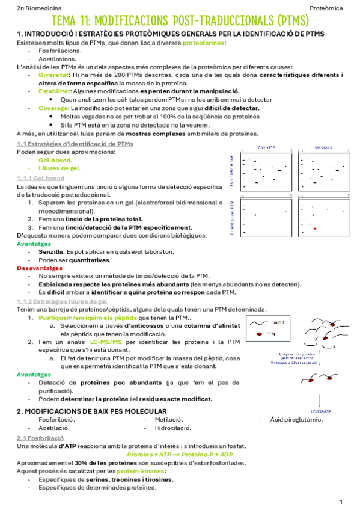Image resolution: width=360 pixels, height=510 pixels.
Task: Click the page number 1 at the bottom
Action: [x=341, y=500]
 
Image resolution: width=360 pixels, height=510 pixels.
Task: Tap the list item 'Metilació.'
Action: [x=169, y=419]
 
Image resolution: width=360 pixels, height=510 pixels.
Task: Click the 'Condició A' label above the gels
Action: [x=266, y=147]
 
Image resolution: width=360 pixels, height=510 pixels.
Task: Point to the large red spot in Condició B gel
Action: [x=314, y=229]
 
